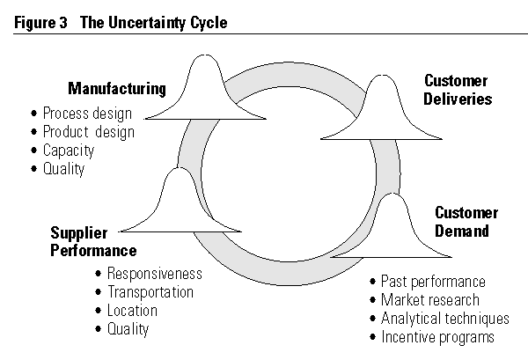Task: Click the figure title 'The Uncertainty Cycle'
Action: tap(153, 23)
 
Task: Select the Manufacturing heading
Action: tap(117, 89)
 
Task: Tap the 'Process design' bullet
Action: tap(86, 114)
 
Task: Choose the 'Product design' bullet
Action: tap(88, 132)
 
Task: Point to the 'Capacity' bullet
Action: tap(68, 151)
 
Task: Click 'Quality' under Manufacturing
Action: tap(63, 169)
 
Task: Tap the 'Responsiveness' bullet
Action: tap(154, 274)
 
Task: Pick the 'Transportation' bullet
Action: tap(150, 292)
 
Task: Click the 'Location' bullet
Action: tap(132, 311)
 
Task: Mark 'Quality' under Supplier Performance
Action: tap(128, 329)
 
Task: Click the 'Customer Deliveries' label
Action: tap(458, 90)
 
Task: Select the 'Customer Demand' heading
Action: tap(466, 222)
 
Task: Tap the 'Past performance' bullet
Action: tap(432, 282)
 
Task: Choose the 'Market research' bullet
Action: tap(429, 300)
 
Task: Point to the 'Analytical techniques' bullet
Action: tap(444, 319)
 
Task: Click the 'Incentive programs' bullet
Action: tap(437, 337)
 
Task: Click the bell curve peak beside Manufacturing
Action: tap(206, 60)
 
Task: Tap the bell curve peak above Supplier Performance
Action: tap(180, 170)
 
